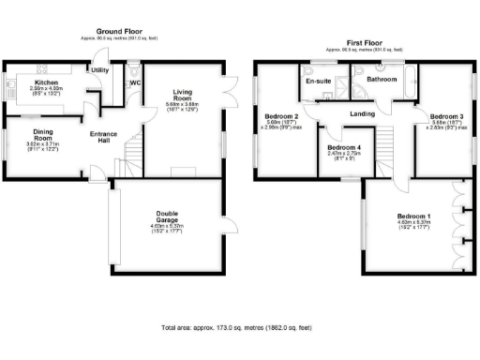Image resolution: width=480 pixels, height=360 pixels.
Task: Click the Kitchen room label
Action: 47,82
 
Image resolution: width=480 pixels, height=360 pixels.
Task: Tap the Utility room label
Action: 99,70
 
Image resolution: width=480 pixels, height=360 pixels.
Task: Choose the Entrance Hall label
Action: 103,138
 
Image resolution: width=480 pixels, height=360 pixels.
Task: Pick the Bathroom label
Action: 381,80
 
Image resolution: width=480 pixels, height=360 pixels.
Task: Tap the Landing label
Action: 363,114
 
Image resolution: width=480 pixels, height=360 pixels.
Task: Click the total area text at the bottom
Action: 238,330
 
